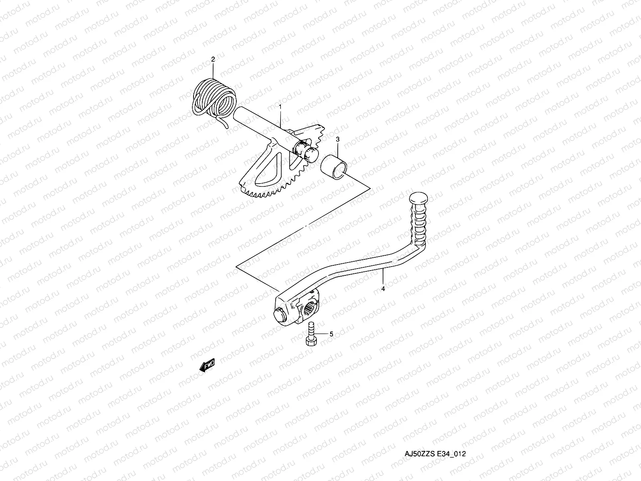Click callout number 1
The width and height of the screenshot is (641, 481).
[x=280, y=107]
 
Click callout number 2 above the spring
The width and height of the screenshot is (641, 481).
[x=213, y=59]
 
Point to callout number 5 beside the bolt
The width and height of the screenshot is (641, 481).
[x=331, y=333]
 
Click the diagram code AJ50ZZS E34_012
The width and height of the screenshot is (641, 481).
[x=434, y=454]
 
